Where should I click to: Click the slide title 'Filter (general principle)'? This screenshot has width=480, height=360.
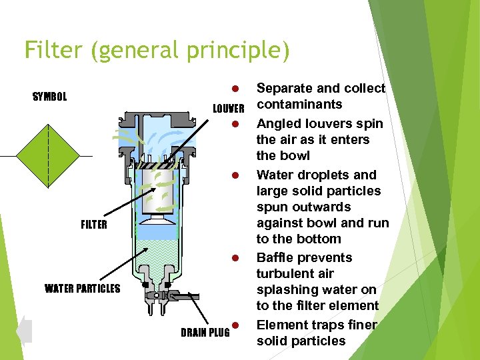pos(157,51)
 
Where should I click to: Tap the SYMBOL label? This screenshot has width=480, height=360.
pos(50,97)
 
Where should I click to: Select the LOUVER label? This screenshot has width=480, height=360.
pos(229,109)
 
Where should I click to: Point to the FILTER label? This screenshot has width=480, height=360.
pos(93,225)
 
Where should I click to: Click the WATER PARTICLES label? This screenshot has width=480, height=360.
pos(83,289)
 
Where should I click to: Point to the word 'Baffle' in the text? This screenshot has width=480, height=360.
pos(275,258)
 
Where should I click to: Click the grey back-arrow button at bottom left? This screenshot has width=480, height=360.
pos(24,331)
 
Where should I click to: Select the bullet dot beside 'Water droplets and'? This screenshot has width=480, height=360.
pos(235,175)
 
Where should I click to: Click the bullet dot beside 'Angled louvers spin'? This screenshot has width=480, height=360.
pos(235,124)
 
